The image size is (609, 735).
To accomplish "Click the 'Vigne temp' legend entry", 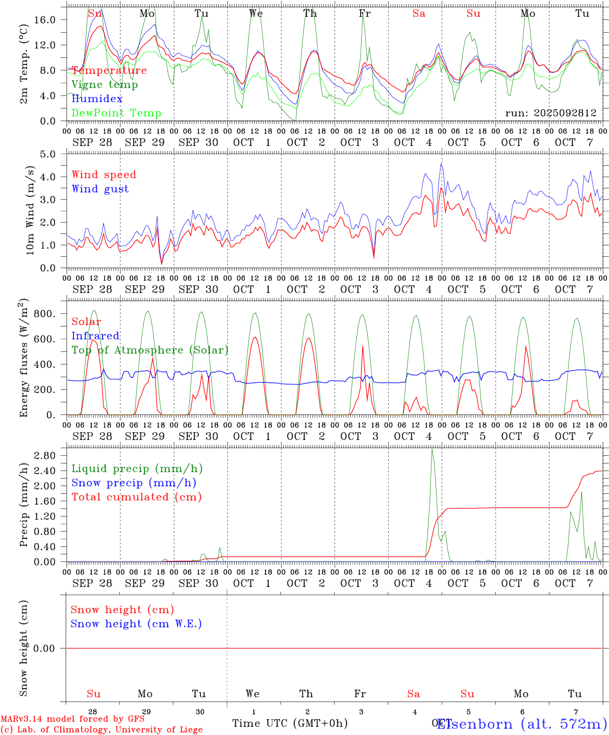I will [x=105, y=85].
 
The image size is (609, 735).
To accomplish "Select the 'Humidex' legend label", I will [x=97, y=99].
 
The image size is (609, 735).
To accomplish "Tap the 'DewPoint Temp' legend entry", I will [x=116, y=113].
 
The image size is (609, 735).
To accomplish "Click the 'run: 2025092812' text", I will [x=550, y=113].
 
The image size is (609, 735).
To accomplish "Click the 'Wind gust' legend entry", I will [x=100, y=189].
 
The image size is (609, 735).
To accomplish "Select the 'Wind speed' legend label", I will [x=104, y=175].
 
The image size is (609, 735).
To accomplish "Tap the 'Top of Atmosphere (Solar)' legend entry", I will [x=149, y=350].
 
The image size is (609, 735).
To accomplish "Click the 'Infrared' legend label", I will [x=95, y=336].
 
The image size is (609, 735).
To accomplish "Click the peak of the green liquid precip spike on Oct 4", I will [x=432, y=449].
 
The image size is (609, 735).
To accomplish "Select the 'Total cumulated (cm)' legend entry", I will [x=136, y=497].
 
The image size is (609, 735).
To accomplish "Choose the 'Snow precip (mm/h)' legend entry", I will [x=134, y=483].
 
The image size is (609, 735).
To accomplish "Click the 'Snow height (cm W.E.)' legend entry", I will [x=136, y=624].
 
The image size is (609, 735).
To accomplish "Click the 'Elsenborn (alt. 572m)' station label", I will [x=522, y=724].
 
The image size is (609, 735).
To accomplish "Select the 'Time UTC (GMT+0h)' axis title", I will [x=290, y=723].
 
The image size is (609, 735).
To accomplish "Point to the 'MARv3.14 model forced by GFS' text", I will [x=72, y=719].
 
